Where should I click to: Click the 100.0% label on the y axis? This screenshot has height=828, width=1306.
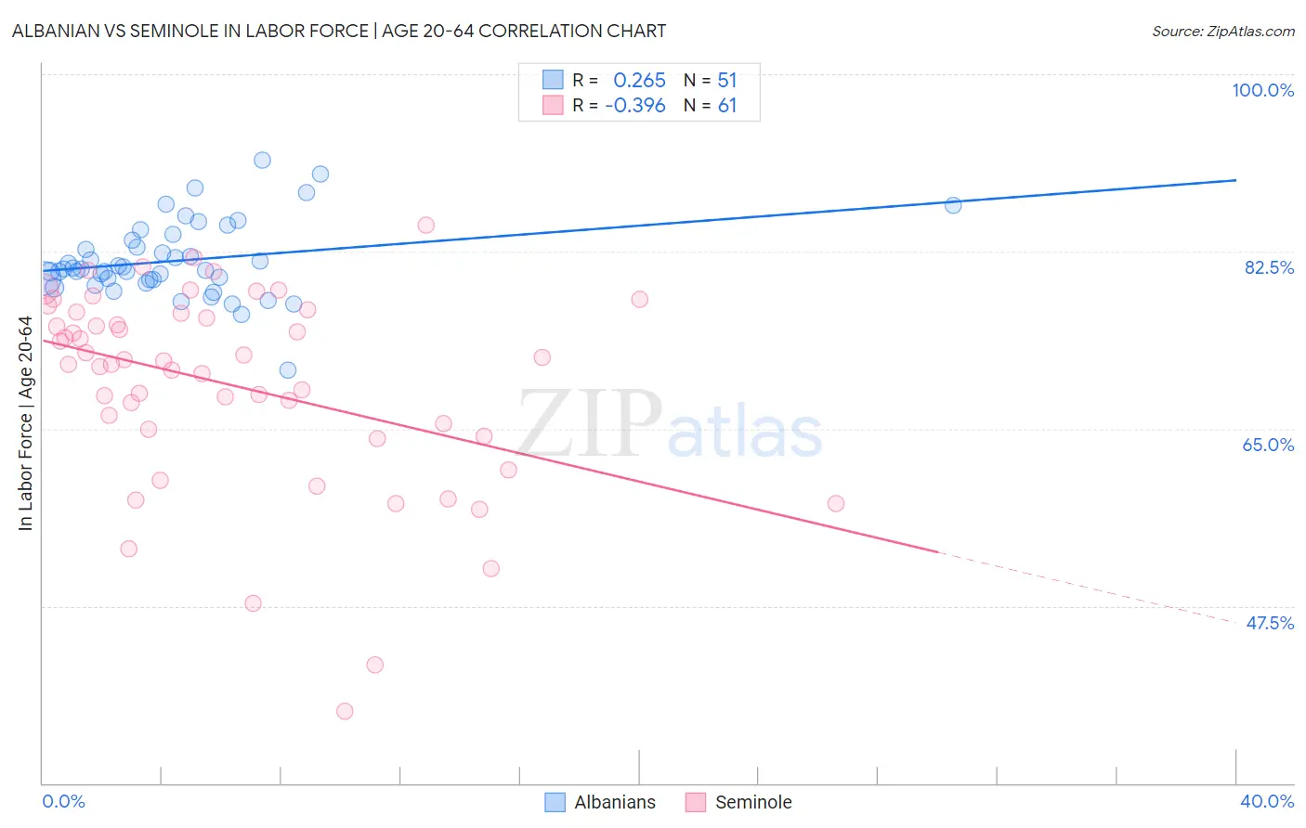tap(1262, 90)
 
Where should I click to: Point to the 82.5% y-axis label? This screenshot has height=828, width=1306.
tap(1269, 267)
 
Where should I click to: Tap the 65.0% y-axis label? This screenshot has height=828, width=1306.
tap(1268, 445)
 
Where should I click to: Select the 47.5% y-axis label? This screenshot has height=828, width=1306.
tap(1269, 623)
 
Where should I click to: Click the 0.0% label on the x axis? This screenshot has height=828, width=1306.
tap(63, 801)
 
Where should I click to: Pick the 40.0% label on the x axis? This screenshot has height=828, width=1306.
tap(1266, 801)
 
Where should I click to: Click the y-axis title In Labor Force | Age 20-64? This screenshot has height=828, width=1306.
tap(25, 423)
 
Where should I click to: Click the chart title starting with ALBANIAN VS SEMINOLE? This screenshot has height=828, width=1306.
tap(339, 31)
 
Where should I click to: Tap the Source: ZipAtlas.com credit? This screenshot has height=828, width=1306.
tap(1222, 31)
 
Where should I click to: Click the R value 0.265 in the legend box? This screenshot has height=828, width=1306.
tap(639, 80)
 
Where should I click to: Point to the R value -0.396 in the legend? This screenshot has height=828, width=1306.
tap(635, 106)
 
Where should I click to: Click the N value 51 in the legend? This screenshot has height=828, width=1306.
tap(726, 80)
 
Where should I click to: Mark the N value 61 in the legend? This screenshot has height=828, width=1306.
tap(726, 106)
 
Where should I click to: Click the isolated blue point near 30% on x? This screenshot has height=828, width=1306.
tap(953, 205)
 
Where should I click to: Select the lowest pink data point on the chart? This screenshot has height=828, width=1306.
tap(345, 711)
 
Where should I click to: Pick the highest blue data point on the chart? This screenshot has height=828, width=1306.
tap(263, 161)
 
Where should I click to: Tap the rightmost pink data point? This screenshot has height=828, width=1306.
tap(836, 503)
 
